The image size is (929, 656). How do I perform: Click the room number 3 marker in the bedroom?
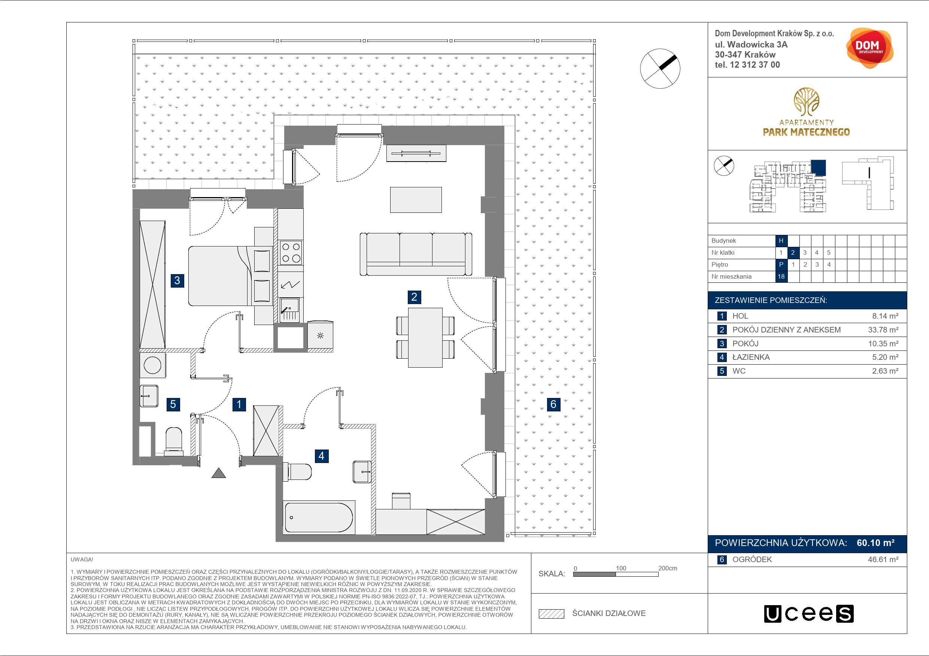coord(177,280)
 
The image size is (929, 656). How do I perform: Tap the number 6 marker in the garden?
coord(553,404)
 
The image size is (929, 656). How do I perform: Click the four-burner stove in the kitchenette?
coord(291,252)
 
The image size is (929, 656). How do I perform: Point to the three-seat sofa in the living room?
coord(416,254)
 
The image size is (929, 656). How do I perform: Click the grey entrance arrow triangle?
coord(219,473)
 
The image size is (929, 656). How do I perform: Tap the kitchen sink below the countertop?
coord(289,310)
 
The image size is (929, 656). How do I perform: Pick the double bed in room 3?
coord(229,276)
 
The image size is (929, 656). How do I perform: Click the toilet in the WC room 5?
coord(174,439)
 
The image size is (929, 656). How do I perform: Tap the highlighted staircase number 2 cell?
coord(793,252)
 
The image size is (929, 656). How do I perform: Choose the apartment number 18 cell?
coord(781,276)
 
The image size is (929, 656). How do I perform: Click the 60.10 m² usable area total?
coord(875,543)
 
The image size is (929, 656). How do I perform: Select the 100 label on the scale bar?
coord(621,568)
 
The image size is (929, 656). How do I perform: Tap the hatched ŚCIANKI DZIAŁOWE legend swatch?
coord(552,614)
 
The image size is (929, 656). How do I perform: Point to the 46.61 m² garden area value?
coord(883,560)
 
